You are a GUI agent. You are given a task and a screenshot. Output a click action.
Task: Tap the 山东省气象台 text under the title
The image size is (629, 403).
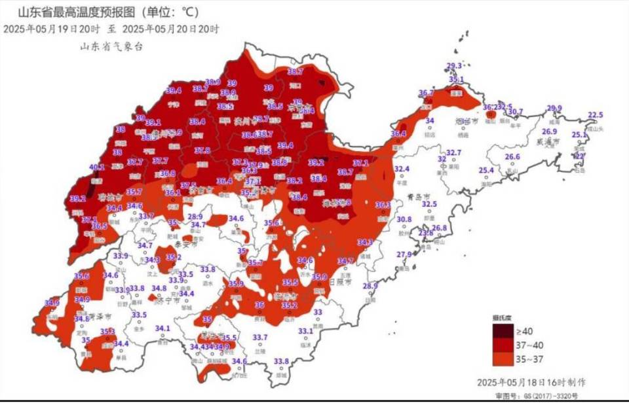[x=111, y=46]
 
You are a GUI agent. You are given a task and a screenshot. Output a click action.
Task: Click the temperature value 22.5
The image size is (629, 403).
[x=595, y=115]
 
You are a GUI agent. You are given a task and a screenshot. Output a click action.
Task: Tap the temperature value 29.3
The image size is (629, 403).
[x=454, y=65]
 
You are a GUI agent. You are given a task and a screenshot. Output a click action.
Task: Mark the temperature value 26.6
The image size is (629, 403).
[x=512, y=157]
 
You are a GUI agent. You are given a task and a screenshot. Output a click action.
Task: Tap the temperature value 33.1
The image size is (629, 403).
[x=305, y=331]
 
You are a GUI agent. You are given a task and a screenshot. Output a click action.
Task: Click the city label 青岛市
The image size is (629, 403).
[x=417, y=196]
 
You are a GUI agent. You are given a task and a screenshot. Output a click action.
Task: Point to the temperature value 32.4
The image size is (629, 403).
[x=402, y=169]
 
